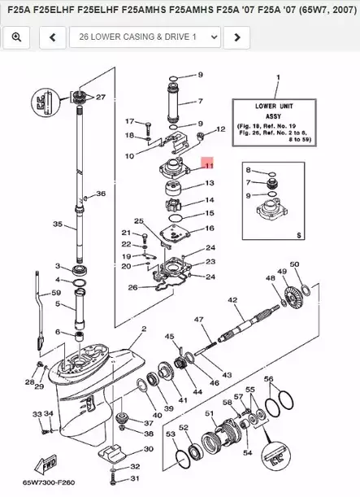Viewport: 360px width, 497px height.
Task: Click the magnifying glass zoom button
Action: tap(16, 37)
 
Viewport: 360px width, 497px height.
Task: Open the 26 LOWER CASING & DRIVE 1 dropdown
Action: tap(145, 37)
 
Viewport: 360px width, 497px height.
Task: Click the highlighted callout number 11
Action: tap(208, 165)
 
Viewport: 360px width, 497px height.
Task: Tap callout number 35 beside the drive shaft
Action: tap(57, 224)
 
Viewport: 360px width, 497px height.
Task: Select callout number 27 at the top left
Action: tap(101, 97)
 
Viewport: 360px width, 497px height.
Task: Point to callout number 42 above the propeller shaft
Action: tap(232, 301)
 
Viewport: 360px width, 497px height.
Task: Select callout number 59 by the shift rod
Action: tap(56, 293)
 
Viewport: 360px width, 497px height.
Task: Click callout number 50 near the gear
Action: tap(294, 264)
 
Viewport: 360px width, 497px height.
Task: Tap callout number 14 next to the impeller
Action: tap(210, 200)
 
